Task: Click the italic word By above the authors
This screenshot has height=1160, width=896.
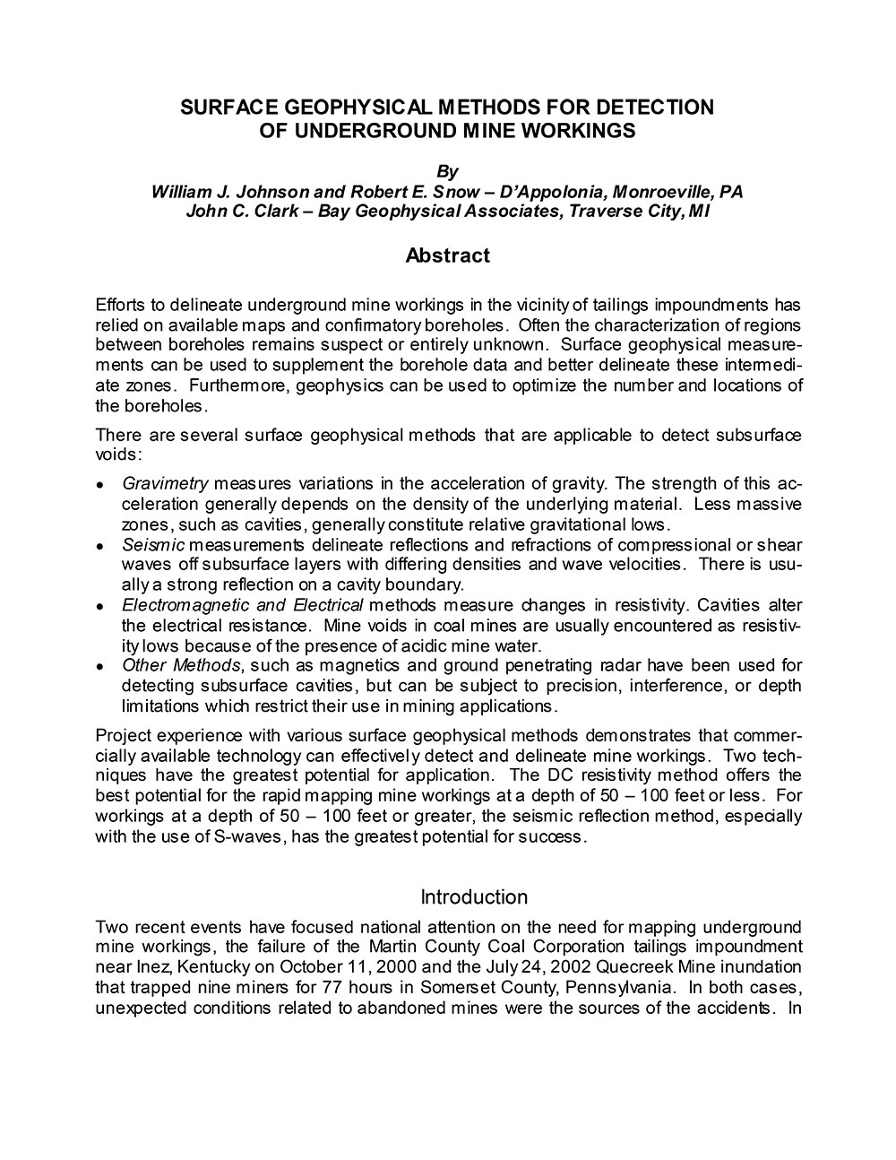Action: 447,171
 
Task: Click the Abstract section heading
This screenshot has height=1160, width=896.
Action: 447,255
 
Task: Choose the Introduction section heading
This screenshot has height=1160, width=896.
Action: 474,897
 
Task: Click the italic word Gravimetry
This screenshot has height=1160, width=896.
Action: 165,484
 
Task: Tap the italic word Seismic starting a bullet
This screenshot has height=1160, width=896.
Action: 153,545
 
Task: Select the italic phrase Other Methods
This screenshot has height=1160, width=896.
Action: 181,665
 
